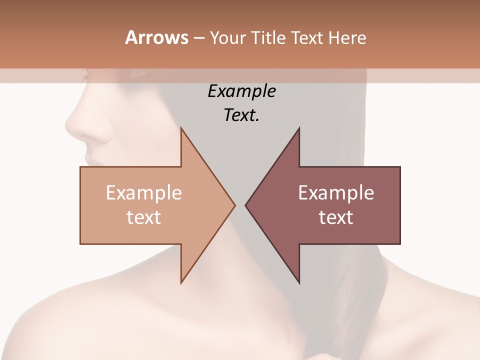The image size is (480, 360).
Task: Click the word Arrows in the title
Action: [156, 37]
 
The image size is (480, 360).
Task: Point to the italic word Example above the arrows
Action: [241, 91]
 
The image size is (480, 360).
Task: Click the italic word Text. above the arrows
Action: [241, 115]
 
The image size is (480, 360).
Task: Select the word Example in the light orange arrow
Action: [144, 193]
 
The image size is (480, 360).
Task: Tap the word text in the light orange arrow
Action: [144, 217]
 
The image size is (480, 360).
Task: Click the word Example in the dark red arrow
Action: [336, 193]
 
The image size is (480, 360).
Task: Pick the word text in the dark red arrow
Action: [336, 217]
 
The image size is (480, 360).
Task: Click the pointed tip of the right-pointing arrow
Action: [234, 204]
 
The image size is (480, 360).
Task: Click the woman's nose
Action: [75, 127]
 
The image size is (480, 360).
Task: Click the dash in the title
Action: [198, 38]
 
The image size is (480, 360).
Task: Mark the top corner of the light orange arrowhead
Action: [181, 128]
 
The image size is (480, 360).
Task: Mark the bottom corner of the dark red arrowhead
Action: [299, 282]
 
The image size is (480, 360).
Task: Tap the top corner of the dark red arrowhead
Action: [299, 128]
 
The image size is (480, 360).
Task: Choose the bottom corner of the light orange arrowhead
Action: [181, 282]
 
